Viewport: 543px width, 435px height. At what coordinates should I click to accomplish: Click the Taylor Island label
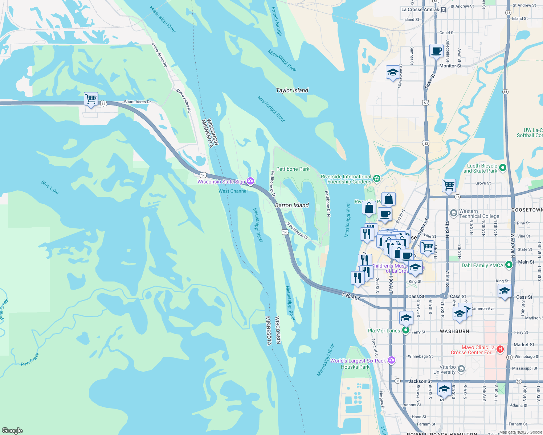[292, 90]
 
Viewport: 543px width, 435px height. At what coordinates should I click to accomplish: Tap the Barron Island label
[292, 205]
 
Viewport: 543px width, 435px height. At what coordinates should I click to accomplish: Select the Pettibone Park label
[293, 169]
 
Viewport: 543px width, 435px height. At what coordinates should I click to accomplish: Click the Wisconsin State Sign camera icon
[250, 181]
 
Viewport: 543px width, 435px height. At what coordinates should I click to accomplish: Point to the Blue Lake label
[50, 187]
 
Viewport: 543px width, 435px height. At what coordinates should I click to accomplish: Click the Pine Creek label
[30, 359]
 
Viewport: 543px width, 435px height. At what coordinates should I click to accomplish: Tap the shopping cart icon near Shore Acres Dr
[91, 99]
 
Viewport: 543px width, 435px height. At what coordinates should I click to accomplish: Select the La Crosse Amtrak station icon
[443, 10]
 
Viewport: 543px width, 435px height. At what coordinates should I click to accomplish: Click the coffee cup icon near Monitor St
[436, 51]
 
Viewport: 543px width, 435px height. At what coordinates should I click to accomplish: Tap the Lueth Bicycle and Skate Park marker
[503, 167]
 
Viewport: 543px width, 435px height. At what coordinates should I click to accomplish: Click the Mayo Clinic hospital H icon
[500, 349]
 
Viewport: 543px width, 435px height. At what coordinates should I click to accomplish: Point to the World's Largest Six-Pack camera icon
[391, 360]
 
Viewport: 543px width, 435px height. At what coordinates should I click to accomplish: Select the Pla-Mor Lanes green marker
[405, 330]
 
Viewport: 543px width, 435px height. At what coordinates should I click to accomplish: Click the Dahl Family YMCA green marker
[509, 265]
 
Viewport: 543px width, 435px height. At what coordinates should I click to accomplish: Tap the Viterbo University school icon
[461, 369]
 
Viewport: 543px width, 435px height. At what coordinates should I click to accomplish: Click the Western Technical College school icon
[453, 213]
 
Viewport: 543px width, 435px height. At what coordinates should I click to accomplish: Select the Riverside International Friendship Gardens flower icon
[377, 178]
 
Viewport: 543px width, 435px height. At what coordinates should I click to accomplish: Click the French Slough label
[277, 21]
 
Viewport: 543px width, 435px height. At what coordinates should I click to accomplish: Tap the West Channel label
[233, 191]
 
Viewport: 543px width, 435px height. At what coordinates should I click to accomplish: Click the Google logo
[12, 431]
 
